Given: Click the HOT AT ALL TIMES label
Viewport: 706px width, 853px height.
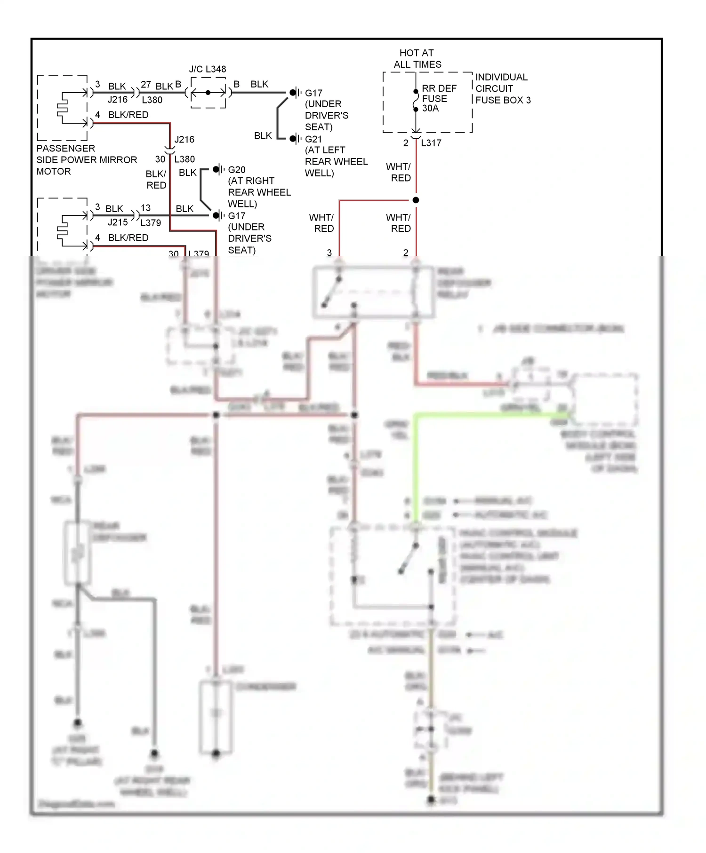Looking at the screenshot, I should (417, 59).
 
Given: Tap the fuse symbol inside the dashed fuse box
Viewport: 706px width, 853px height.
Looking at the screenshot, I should (416, 100).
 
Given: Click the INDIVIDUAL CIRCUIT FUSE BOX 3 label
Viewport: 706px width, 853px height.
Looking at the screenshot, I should (502, 88).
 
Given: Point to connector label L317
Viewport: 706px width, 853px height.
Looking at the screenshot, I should (431, 143).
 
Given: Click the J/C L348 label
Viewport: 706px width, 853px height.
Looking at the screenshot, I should (207, 69).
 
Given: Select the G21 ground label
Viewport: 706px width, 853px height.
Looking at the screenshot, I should (313, 139).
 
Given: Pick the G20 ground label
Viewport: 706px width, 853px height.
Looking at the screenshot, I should (236, 170).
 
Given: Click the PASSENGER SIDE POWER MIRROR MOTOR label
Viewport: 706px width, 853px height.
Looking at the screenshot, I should (86, 160).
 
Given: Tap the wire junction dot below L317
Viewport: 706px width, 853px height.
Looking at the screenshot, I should (416, 200).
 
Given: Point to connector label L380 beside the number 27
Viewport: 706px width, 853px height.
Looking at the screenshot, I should (152, 100).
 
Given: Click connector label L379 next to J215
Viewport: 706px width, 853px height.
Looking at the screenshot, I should (151, 223).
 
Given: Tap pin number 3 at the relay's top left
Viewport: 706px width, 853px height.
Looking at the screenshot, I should (329, 253).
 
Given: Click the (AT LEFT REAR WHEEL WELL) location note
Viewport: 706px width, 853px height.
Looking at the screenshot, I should (336, 162).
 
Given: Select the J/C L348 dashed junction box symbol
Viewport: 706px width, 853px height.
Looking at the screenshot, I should (208, 93).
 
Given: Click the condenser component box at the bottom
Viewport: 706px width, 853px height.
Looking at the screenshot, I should (216, 717).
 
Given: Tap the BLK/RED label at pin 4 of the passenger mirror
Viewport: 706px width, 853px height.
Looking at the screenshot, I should (128, 115).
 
